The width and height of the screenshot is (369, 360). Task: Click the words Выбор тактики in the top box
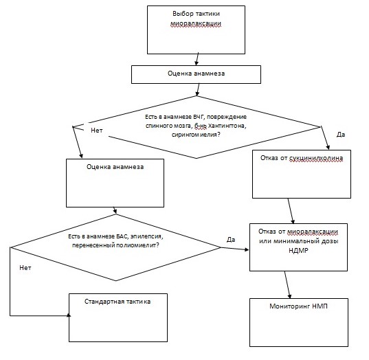pyautogui.click(x=196, y=14)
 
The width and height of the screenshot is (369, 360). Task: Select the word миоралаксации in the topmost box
pyautogui.click(x=196, y=24)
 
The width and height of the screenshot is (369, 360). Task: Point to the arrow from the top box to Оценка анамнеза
pyautogui.click(x=197, y=59)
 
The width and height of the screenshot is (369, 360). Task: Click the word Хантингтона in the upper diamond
pyautogui.click(x=227, y=126)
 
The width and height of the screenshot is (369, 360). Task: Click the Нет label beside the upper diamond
pyautogui.click(x=97, y=131)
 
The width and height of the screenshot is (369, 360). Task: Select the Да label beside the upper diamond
pyautogui.click(x=341, y=135)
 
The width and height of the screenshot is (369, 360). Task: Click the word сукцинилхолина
pyautogui.click(x=316, y=158)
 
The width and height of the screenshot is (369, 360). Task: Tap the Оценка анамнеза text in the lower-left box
pyautogui.click(x=115, y=167)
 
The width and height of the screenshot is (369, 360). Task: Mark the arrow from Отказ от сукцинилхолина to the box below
pyautogui.click(x=291, y=211)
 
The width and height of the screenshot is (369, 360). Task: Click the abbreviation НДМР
pyautogui.click(x=298, y=251)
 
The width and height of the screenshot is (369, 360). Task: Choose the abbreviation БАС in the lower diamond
pyautogui.click(x=122, y=236)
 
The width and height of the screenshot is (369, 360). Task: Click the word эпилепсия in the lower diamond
pyautogui.click(x=146, y=236)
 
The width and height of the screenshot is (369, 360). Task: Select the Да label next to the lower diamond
pyautogui.click(x=231, y=240)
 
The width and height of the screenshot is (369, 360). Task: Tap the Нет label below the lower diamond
pyautogui.click(x=25, y=268)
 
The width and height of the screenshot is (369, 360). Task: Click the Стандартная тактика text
pyautogui.click(x=118, y=302)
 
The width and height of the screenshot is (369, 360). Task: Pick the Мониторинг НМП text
pyautogui.click(x=298, y=306)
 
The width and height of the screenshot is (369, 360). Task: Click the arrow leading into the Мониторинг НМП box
pyautogui.click(x=288, y=284)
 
